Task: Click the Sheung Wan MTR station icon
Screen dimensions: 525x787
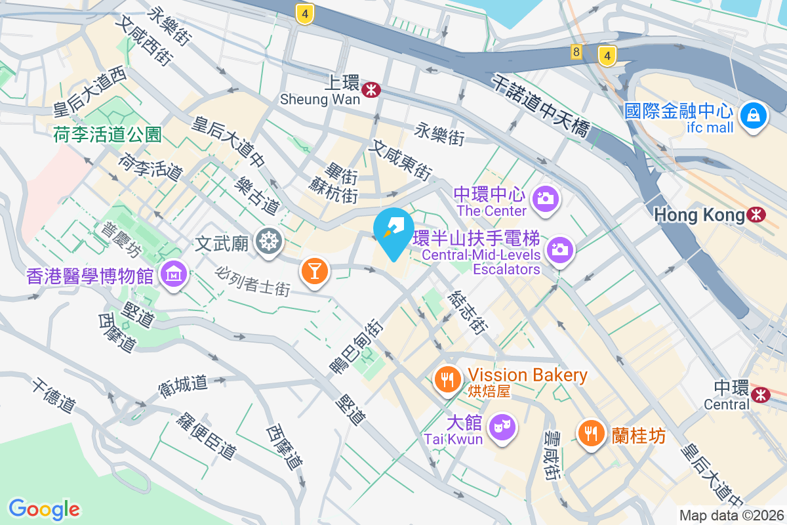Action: click(371, 90)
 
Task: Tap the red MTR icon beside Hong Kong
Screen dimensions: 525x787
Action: click(757, 215)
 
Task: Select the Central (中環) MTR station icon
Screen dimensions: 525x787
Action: click(761, 394)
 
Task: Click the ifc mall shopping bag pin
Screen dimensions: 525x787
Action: click(754, 117)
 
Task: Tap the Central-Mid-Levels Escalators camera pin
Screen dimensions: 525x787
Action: click(559, 250)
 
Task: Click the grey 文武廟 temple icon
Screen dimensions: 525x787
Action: click(268, 241)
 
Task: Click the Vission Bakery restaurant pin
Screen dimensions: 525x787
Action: click(448, 379)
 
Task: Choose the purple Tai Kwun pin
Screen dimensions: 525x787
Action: click(503, 427)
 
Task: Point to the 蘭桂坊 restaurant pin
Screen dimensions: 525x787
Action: click(592, 433)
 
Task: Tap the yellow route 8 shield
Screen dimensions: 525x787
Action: click(576, 52)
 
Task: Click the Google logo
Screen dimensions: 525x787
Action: click(44, 509)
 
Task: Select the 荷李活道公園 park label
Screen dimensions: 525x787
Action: click(108, 135)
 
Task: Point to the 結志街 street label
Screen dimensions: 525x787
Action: click(468, 313)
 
